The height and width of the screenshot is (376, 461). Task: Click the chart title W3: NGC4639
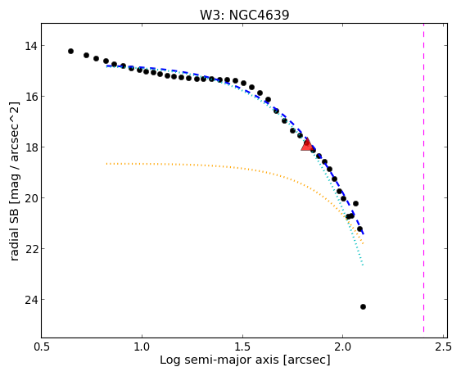[244, 15]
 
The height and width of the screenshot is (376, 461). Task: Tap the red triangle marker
[307, 144]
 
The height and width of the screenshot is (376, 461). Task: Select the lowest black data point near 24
[363, 307]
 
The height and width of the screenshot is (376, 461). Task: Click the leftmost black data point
[70, 51]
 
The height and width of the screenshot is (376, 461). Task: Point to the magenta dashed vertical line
[423, 178]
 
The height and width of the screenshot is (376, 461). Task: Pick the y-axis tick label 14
[31, 46]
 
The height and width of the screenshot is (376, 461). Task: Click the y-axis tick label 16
[31, 97]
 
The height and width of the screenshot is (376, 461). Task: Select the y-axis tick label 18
[31, 147]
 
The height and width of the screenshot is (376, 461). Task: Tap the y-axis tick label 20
[31, 198]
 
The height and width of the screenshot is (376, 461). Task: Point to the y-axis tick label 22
[31, 249]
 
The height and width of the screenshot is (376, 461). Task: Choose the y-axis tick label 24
[31, 300]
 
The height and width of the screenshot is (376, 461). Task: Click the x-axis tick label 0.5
[42, 347]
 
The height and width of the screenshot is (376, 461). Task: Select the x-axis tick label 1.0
[142, 347]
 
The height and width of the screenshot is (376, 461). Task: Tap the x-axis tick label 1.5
[242, 347]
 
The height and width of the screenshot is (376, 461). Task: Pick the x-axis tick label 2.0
[343, 347]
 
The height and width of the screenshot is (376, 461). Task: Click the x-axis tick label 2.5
[443, 347]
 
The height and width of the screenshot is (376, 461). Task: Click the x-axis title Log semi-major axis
[219, 360]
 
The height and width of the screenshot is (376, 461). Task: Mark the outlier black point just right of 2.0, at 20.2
[355, 203]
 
